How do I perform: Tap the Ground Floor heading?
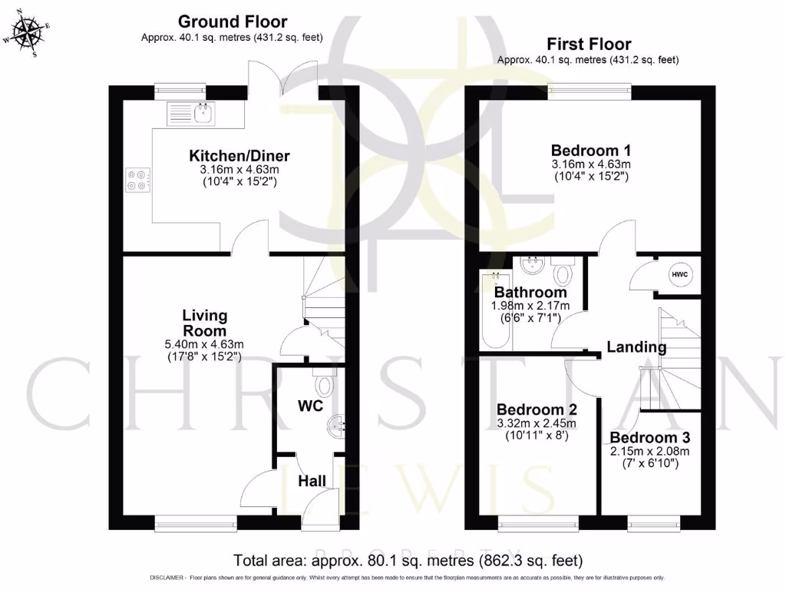pyautogui.click(x=232, y=22)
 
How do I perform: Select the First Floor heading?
pyautogui.click(x=588, y=44)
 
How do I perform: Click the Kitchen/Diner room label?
pyautogui.click(x=239, y=156)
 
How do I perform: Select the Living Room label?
pyautogui.click(x=204, y=323)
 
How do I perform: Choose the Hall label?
pyautogui.click(x=312, y=481)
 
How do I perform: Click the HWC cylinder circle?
pyautogui.click(x=679, y=274)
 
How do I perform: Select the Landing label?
pyautogui.click(x=636, y=347)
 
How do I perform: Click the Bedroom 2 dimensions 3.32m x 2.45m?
pyautogui.click(x=537, y=423)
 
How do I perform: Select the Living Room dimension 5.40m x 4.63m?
pyautogui.click(x=204, y=344)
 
